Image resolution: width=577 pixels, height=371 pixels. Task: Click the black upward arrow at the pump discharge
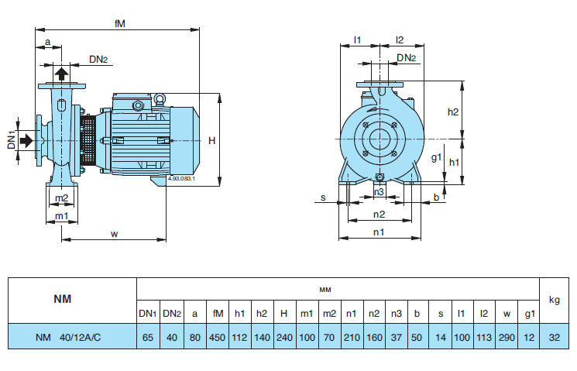[61, 75]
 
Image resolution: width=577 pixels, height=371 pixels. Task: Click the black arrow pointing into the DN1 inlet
[26, 140]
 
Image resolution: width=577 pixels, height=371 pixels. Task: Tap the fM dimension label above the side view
[119, 23]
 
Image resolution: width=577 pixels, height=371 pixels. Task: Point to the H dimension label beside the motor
[212, 140]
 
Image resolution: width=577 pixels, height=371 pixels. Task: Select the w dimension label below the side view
[115, 233]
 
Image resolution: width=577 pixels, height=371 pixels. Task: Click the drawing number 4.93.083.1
[180, 179]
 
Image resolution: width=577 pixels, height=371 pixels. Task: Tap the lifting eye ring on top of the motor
[160, 98]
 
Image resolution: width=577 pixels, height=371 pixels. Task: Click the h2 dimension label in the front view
[454, 112]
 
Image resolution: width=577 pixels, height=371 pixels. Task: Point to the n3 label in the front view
[379, 191]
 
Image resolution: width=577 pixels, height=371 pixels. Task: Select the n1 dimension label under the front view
[379, 232]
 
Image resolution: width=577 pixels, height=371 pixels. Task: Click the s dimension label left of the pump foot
[323, 198]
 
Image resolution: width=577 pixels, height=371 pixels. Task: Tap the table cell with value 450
[218, 337]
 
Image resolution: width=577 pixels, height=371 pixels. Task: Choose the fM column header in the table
[218, 313]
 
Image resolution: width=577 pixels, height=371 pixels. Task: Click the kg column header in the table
[554, 299]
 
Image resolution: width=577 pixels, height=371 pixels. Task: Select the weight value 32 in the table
[554, 337]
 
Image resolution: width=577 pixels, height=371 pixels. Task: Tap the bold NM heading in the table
[62, 298]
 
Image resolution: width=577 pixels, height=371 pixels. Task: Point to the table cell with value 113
[483, 337]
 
